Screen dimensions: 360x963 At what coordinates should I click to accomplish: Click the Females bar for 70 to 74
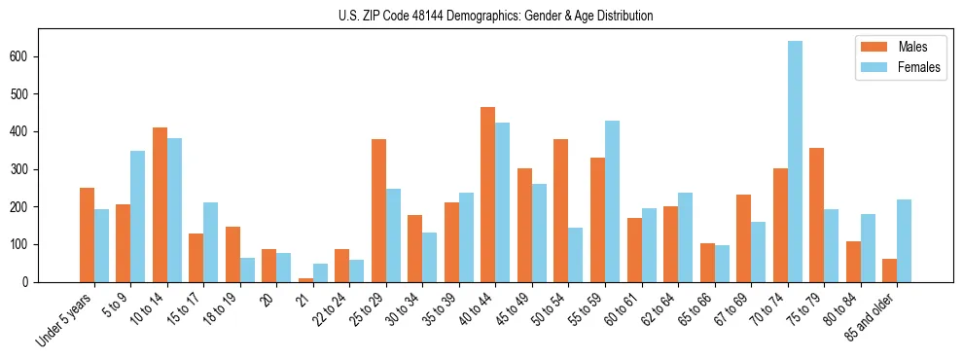pyautogui.click(x=795, y=162)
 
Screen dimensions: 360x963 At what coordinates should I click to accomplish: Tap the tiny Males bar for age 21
pyautogui.click(x=305, y=279)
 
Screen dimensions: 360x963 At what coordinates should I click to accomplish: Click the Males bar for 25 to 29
pyautogui.click(x=378, y=210)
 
